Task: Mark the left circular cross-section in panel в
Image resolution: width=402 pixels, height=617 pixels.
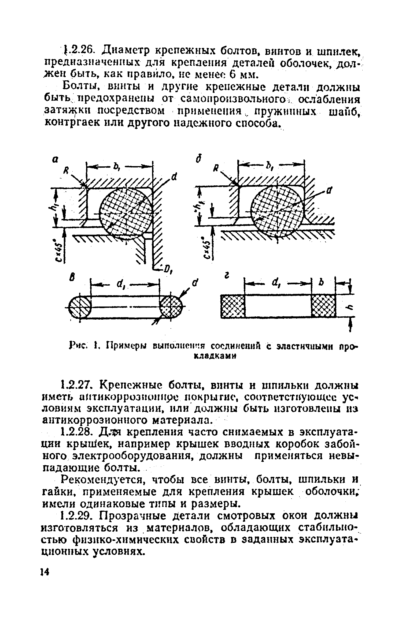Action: (80, 306)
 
